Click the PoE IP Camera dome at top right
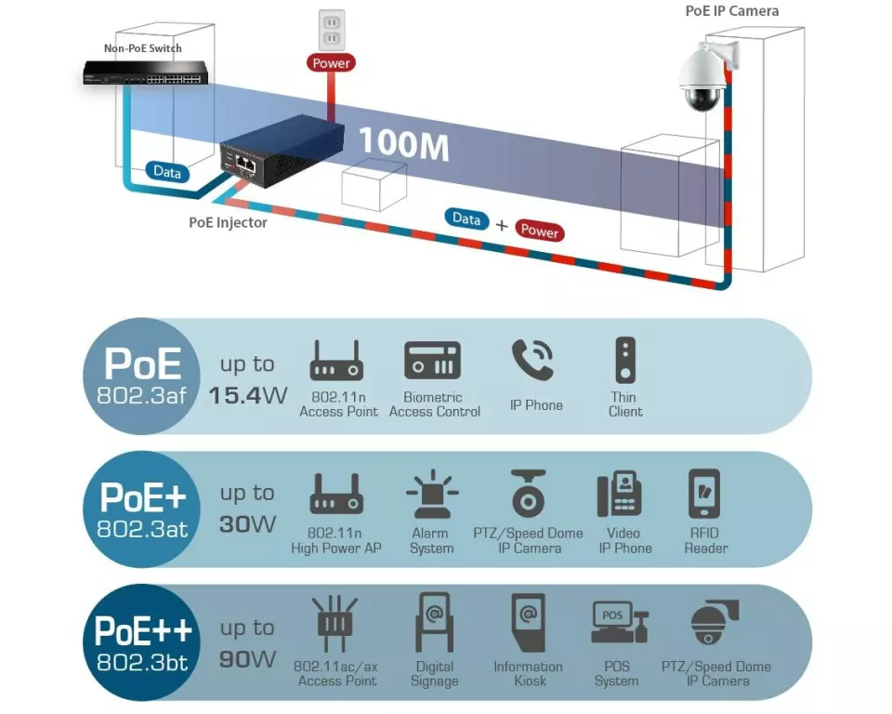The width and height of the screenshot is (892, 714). tap(703, 78)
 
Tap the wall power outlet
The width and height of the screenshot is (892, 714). tap(331, 30)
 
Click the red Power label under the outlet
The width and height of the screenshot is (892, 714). tap(331, 63)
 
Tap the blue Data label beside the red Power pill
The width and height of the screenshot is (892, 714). tap(466, 218)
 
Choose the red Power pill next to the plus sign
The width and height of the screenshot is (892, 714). tap(540, 231)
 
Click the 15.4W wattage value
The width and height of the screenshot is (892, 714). tap(247, 395)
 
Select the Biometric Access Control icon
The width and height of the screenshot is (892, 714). tap(432, 361)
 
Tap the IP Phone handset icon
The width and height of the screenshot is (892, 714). tap(533, 361)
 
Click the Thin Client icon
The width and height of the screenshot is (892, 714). tap(625, 360)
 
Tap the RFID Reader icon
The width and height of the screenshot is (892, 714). tap(703, 494)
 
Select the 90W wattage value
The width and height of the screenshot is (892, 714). tap(247, 659)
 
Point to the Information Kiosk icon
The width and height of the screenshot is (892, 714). tap(528, 622)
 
